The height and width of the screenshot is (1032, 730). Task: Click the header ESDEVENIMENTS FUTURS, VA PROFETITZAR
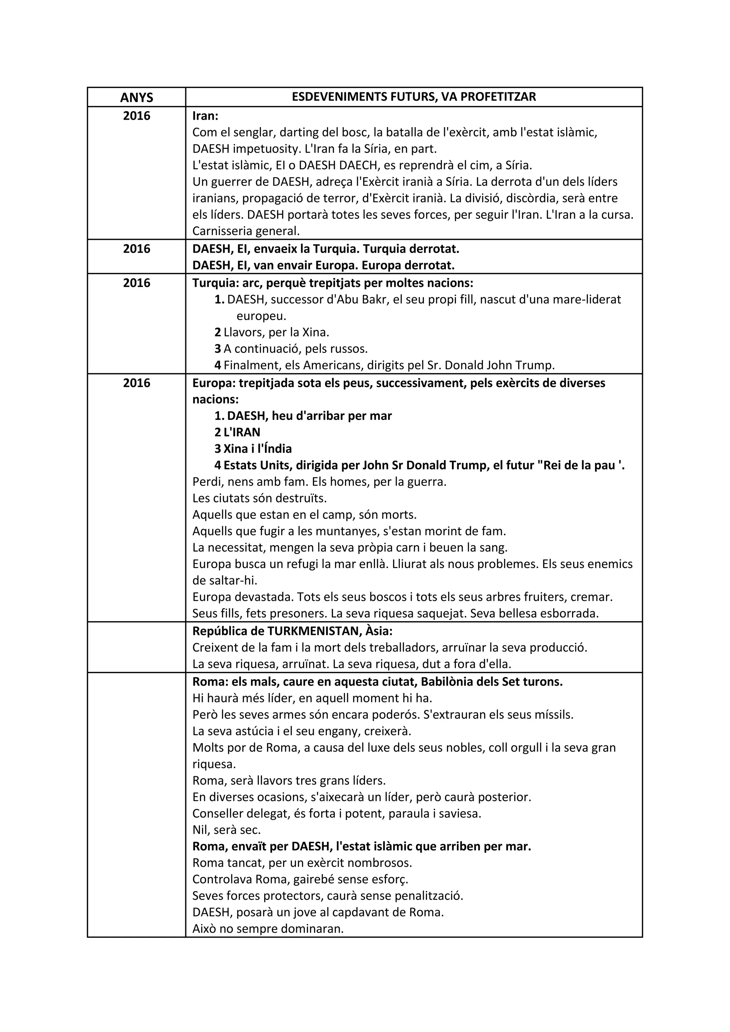tap(413, 97)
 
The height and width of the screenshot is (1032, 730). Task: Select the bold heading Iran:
tap(205, 116)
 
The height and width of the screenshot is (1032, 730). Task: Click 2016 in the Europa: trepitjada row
tap(136, 383)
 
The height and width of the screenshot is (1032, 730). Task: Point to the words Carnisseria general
tap(246, 231)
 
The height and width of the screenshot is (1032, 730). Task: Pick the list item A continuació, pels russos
tap(295, 349)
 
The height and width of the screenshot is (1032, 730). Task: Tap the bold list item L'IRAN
tap(241, 432)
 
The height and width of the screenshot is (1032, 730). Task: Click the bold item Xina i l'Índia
tap(257, 449)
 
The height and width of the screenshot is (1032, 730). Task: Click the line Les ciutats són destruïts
tap(259, 498)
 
